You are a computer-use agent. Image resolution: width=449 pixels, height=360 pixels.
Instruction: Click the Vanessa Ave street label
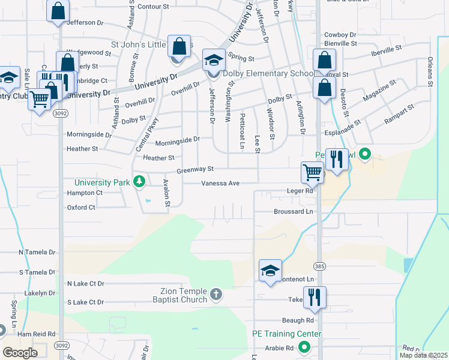click(x=220, y=183)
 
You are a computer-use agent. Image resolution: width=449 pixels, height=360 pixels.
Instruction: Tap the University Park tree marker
click(x=139, y=181)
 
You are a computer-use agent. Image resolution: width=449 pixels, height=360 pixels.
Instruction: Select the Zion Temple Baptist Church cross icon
click(x=216, y=295)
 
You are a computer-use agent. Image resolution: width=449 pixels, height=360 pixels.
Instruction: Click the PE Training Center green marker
click(x=304, y=346)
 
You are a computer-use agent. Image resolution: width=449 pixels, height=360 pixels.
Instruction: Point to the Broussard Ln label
click(x=294, y=212)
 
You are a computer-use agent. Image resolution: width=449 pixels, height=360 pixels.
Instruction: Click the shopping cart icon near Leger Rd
click(x=313, y=172)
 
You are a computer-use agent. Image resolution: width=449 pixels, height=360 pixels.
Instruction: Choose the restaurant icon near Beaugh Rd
click(x=315, y=297)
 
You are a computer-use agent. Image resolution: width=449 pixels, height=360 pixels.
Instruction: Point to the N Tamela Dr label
click(x=37, y=253)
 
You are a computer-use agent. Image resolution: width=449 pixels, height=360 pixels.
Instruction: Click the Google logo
click(x=20, y=353)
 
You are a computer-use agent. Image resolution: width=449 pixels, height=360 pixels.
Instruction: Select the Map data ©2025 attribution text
click(x=423, y=355)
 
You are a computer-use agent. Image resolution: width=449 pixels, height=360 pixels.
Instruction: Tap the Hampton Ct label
click(x=85, y=193)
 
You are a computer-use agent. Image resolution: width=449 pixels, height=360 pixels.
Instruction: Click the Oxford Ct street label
click(x=81, y=208)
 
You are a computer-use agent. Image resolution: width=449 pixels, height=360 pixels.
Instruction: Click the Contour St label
click(x=154, y=7)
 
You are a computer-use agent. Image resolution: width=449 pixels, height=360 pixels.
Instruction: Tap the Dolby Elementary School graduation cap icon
click(x=213, y=60)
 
